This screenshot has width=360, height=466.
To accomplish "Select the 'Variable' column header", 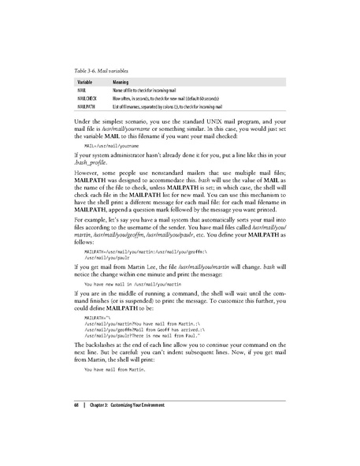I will click(87, 81).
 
